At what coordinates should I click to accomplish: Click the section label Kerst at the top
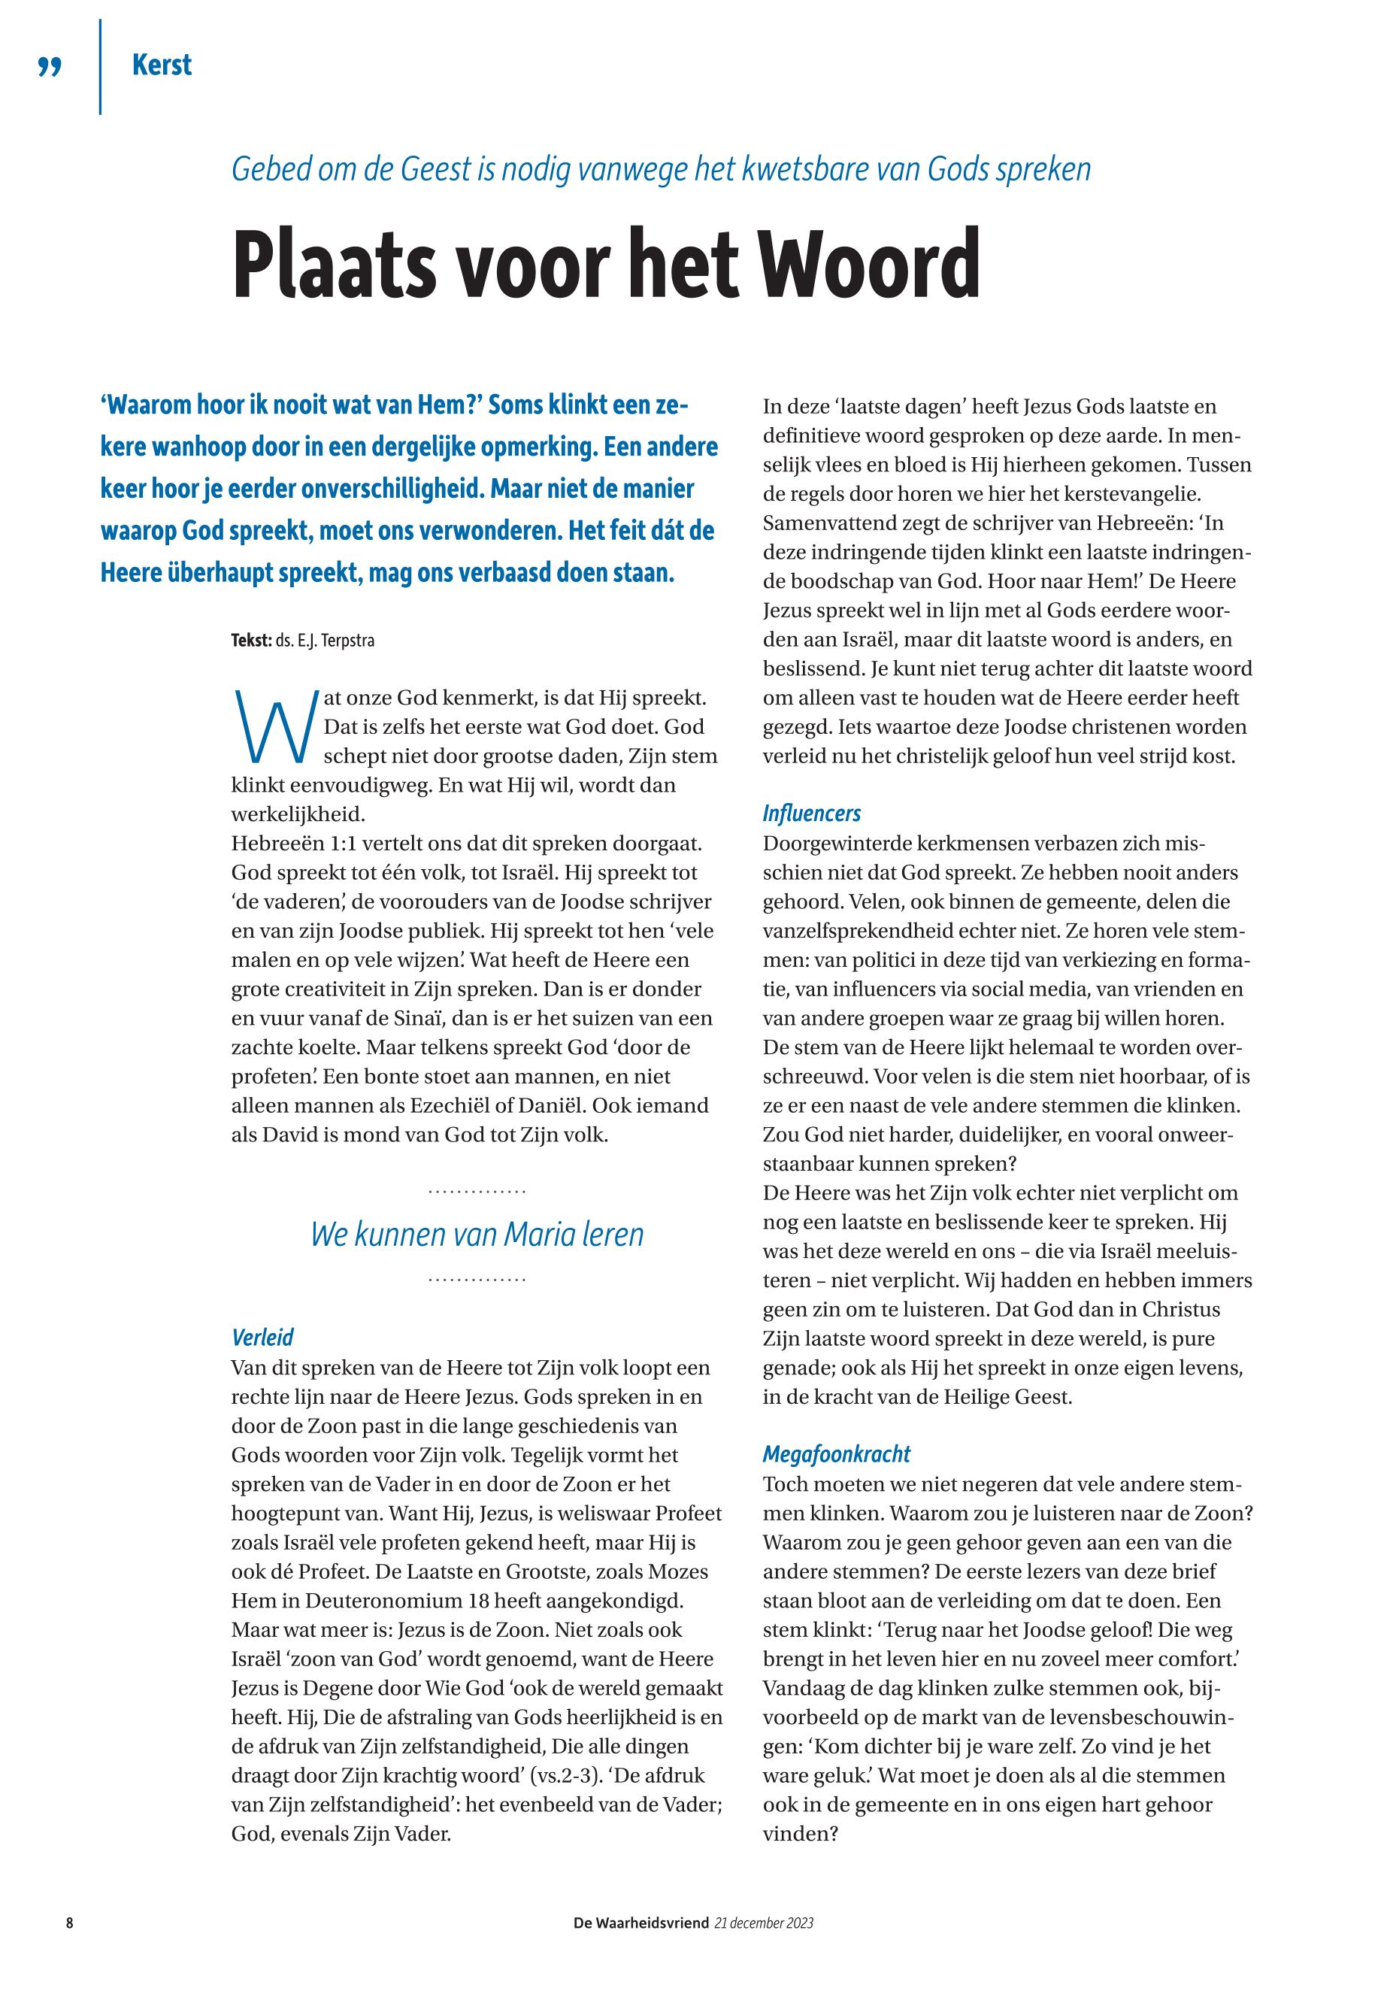(x=162, y=65)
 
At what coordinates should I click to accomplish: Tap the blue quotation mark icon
(x=50, y=67)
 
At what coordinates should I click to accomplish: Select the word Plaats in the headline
(x=335, y=263)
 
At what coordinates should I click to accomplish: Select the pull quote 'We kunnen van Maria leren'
(x=477, y=1235)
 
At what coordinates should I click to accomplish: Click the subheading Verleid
(x=262, y=1337)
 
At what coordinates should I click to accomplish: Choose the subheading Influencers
(x=812, y=813)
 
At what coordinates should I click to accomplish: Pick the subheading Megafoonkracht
(x=836, y=1453)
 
